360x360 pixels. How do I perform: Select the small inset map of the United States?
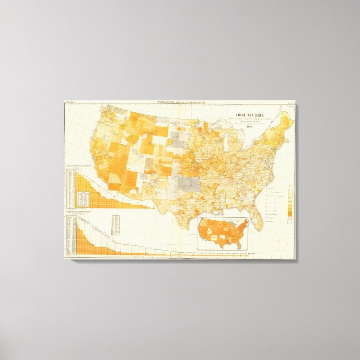[x=222, y=234]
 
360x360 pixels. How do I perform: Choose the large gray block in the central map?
[x=188, y=184]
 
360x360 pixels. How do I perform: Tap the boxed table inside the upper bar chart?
[x=84, y=197]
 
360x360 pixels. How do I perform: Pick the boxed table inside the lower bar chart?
[x=116, y=225]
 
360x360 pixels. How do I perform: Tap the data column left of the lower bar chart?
[x=71, y=235]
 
